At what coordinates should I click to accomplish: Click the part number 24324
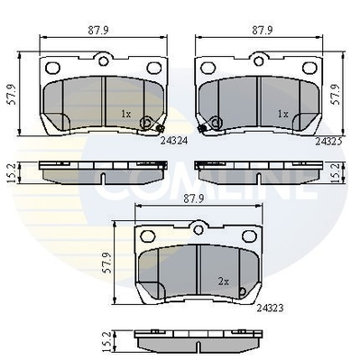click(174, 141)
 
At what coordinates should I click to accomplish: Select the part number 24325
click(328, 141)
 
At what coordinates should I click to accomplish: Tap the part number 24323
click(270, 308)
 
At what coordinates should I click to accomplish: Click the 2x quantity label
click(223, 282)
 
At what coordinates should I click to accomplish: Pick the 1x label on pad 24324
click(126, 114)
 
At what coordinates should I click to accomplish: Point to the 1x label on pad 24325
click(282, 114)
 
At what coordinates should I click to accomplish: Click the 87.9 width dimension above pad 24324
click(98, 30)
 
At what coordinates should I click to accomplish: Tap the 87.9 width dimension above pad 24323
click(194, 198)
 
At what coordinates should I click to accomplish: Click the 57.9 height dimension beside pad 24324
click(12, 94)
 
